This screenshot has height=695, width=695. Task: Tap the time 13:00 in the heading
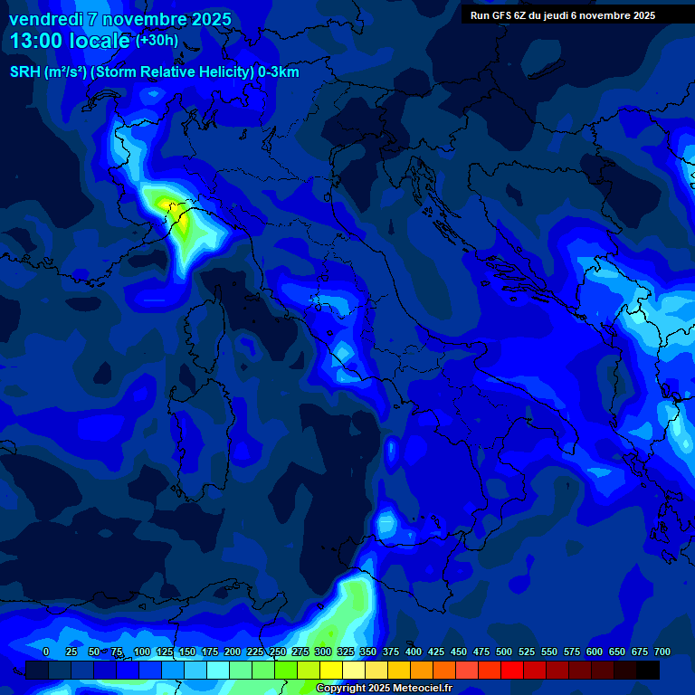[x=37, y=41]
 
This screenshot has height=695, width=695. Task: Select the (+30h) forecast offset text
[x=157, y=41]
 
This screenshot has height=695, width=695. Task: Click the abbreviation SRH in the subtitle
[x=25, y=72]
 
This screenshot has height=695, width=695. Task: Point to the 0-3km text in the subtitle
[x=278, y=72]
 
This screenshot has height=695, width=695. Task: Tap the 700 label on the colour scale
[x=662, y=652]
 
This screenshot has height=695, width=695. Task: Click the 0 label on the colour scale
[x=46, y=652]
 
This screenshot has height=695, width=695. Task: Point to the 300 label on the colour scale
[x=323, y=652]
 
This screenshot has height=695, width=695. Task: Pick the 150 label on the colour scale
[x=187, y=652]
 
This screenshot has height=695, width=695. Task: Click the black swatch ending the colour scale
[x=648, y=670]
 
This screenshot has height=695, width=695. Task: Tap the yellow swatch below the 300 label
[x=331, y=670]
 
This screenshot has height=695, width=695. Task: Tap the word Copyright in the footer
[x=341, y=689]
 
